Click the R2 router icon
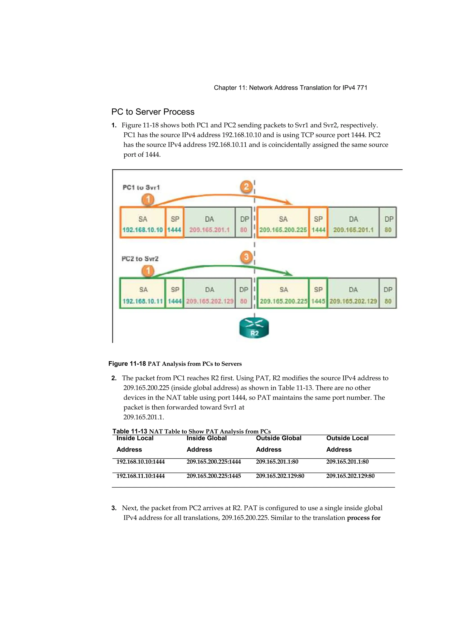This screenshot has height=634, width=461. click(254, 327)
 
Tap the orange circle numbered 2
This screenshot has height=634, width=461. click(246, 187)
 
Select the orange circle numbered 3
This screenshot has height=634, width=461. click(246, 257)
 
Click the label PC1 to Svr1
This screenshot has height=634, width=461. click(141, 187)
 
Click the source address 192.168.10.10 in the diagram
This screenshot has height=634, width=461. click(143, 230)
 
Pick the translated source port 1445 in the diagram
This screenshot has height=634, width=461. click(318, 301)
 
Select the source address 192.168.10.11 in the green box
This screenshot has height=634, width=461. click(143, 301)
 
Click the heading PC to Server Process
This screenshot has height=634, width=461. click(153, 112)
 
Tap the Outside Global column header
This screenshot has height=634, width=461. click(279, 444)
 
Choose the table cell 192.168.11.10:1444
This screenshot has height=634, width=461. click(140, 476)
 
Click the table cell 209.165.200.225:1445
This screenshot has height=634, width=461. click(214, 476)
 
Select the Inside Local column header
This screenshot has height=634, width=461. click(135, 444)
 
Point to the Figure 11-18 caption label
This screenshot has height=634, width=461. click(127, 363)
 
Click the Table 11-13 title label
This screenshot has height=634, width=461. click(130, 431)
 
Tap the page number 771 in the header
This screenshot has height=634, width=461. click(362, 88)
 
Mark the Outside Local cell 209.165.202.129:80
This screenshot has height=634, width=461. click(350, 476)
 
